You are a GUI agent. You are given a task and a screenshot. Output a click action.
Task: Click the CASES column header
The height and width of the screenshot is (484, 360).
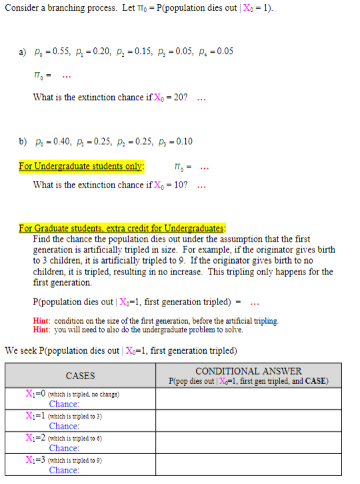[80, 376]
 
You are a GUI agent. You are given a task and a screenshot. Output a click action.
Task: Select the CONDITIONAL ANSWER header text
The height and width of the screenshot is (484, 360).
[248, 371]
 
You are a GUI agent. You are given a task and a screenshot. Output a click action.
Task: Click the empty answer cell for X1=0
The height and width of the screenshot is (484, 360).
[248, 399]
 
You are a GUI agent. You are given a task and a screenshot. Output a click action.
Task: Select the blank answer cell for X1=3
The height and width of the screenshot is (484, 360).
[248, 465]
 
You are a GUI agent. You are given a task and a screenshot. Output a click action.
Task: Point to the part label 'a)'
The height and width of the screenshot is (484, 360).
[23, 52]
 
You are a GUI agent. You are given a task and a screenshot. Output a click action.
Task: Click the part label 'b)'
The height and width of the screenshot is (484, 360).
[23, 142]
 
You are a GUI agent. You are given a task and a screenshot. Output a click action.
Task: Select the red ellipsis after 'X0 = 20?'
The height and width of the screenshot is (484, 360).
[201, 98]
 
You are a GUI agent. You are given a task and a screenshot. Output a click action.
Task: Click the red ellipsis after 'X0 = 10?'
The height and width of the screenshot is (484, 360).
[201, 185]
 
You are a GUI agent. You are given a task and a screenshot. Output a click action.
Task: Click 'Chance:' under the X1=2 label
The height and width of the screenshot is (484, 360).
[64, 448]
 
